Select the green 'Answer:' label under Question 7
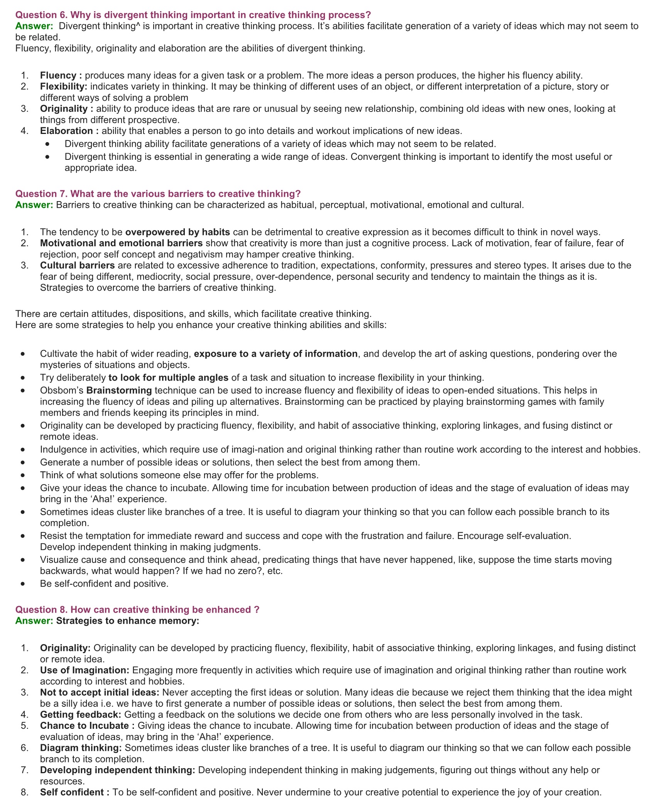(x=34, y=205)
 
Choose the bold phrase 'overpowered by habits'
(x=178, y=232)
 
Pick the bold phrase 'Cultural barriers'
(x=77, y=266)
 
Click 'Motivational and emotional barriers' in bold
(x=121, y=243)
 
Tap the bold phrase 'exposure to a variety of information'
(x=276, y=354)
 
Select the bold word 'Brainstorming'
(x=119, y=391)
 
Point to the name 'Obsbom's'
(x=62, y=391)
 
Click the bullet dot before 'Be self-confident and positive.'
(x=24, y=584)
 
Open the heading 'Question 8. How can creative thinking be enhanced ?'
(x=137, y=610)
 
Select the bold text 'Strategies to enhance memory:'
(x=128, y=621)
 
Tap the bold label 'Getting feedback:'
(x=81, y=715)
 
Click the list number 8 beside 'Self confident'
(x=24, y=793)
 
